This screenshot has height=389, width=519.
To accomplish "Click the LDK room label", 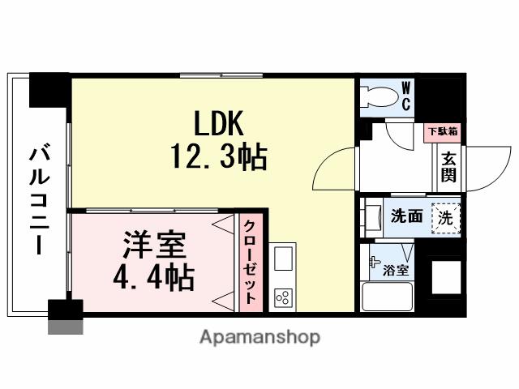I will [218, 123].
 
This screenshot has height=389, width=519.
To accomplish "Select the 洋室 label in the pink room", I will [155, 244].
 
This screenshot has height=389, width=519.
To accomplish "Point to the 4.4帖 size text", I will [153, 278].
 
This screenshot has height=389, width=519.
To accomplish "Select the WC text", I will [405, 97].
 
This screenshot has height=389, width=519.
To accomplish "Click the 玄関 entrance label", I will [448, 168].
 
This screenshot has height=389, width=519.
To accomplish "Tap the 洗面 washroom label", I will [406, 216].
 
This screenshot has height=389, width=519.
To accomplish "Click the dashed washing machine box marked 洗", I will [445, 217].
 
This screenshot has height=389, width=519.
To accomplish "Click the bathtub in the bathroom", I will [388, 297].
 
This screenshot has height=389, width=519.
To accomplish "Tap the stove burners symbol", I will [284, 297].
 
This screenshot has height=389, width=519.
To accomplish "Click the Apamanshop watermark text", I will [259, 336].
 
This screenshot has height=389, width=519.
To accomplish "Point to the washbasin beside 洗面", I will [374, 217].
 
